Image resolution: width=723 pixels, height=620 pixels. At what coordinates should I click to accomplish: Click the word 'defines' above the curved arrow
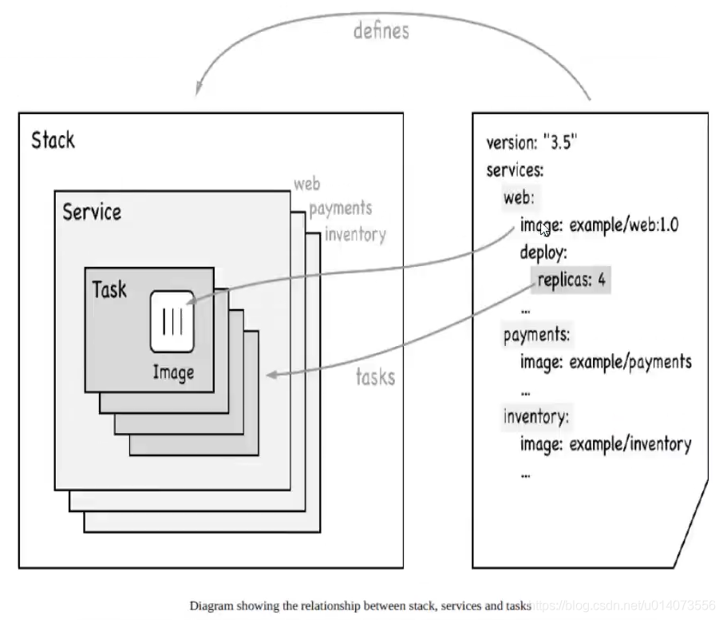(381, 31)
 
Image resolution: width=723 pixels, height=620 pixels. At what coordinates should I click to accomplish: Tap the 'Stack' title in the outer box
(53, 141)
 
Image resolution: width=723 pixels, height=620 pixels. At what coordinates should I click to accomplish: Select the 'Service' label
(92, 213)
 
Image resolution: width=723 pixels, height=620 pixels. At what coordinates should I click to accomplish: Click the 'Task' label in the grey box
(109, 289)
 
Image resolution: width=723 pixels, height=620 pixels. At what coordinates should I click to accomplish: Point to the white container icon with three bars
(172, 321)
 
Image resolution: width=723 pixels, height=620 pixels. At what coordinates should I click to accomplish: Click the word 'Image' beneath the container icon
(173, 372)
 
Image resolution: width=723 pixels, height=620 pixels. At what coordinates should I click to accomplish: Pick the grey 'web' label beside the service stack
(306, 185)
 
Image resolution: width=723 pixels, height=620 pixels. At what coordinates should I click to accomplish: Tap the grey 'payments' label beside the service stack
(340, 209)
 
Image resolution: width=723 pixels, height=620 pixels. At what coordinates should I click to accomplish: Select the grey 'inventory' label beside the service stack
(355, 234)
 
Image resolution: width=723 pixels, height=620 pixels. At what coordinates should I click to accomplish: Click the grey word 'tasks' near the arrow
(375, 376)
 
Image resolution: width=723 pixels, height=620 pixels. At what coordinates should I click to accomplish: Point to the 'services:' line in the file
(515, 171)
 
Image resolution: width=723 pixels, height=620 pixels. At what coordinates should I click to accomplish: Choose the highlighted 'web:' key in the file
(519, 197)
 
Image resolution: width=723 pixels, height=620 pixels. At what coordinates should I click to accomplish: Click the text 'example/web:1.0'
(622, 225)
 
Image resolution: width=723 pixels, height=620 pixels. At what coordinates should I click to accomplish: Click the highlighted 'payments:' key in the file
(536, 335)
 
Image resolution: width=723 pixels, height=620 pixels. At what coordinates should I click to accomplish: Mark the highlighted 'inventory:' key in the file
(535, 416)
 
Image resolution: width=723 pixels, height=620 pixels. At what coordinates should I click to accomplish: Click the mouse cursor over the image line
(544, 229)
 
